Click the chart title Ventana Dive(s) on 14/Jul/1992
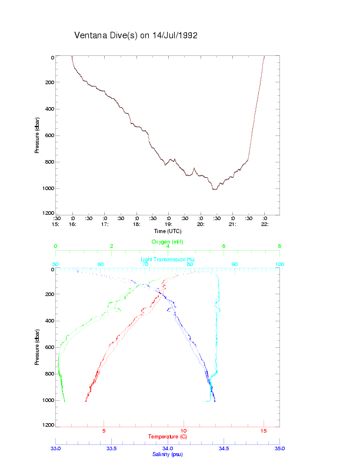click(x=136, y=35)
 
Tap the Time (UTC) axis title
click(x=167, y=231)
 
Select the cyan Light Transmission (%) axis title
click(x=168, y=260)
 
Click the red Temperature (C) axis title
click(x=168, y=437)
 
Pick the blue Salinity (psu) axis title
click(x=168, y=454)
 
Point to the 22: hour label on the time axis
click(x=265, y=224)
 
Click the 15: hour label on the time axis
click(x=56, y=224)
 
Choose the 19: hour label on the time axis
click(x=168, y=224)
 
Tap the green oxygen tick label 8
click(x=279, y=246)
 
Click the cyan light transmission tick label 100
click(x=279, y=265)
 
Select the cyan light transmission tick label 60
click(x=101, y=265)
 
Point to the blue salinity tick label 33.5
click(x=111, y=448)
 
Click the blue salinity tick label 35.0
click(x=279, y=448)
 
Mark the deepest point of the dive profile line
click(x=215, y=190)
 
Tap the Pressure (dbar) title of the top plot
click(x=37, y=135)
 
